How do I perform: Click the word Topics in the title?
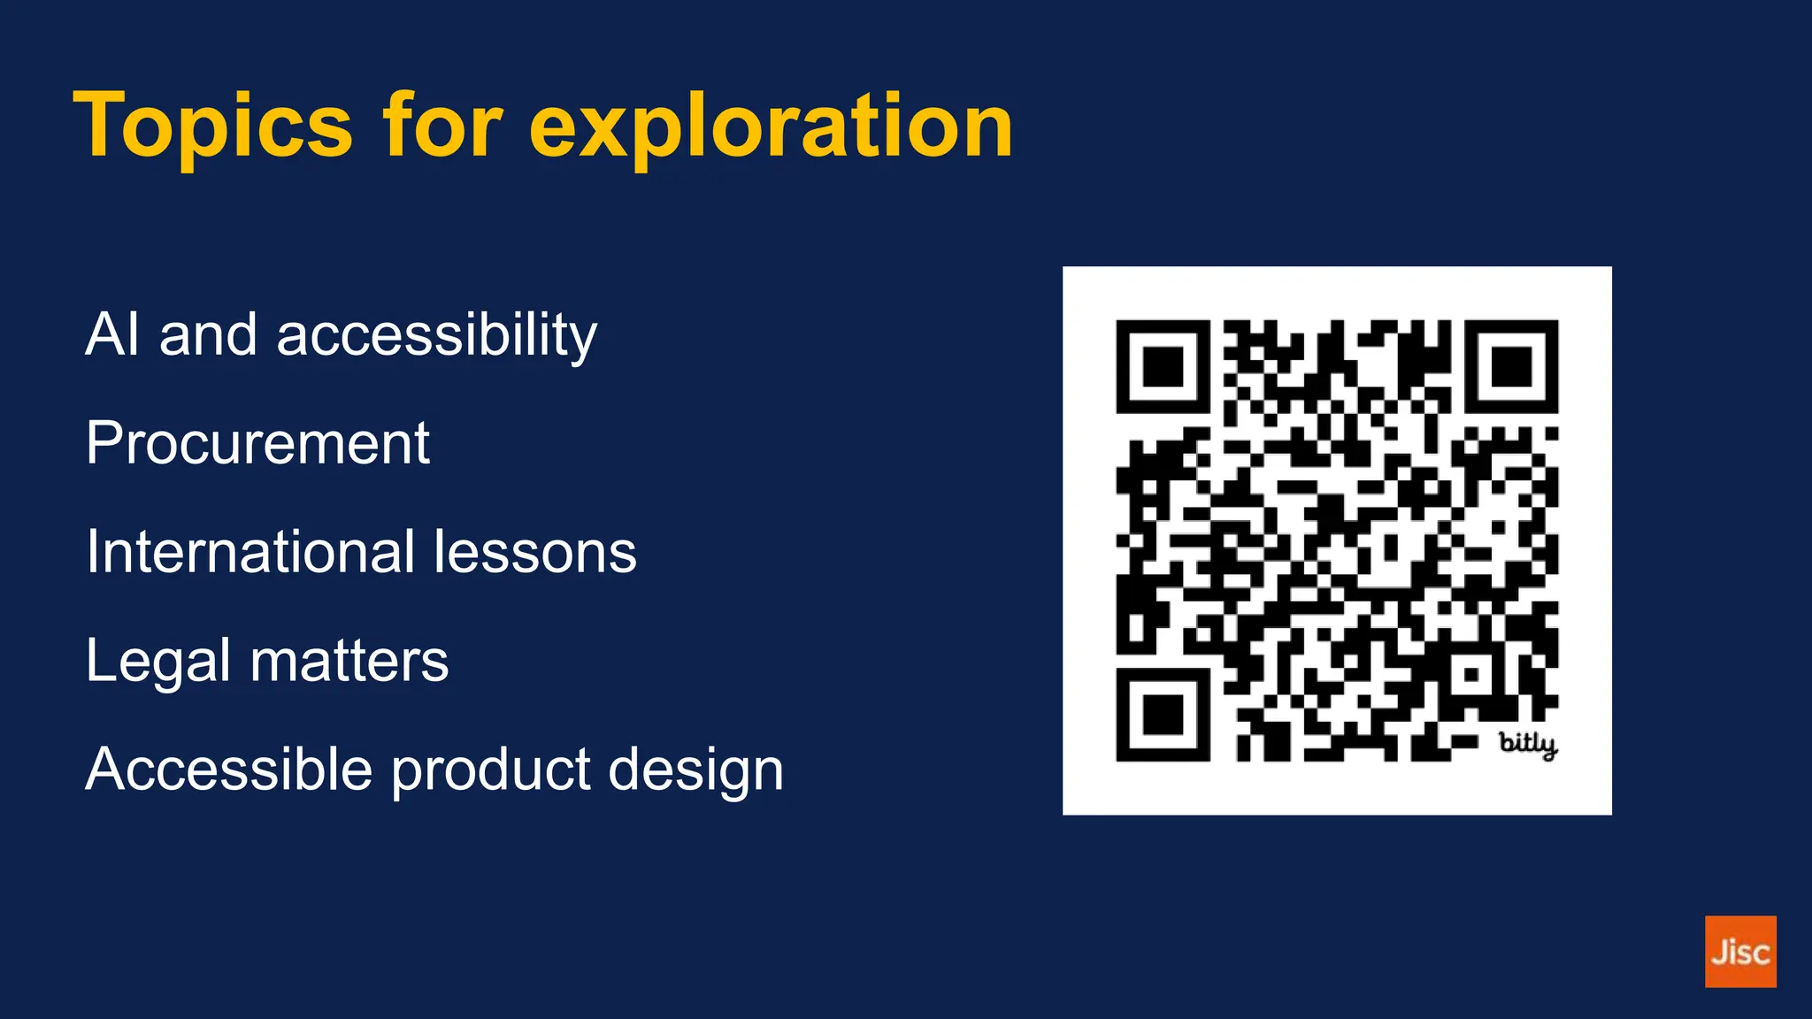tap(213, 126)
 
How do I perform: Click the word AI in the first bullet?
tap(112, 334)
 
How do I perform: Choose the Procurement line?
tap(257, 442)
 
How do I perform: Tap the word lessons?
tap(535, 551)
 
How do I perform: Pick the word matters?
tap(349, 660)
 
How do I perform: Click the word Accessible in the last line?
tap(228, 768)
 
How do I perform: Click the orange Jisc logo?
tap(1740, 952)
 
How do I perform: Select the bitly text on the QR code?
tap(1528, 744)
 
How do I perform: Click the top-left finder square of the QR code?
tap(1163, 366)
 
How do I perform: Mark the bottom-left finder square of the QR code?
tap(1163, 715)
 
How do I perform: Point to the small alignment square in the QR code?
tap(1470, 675)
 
